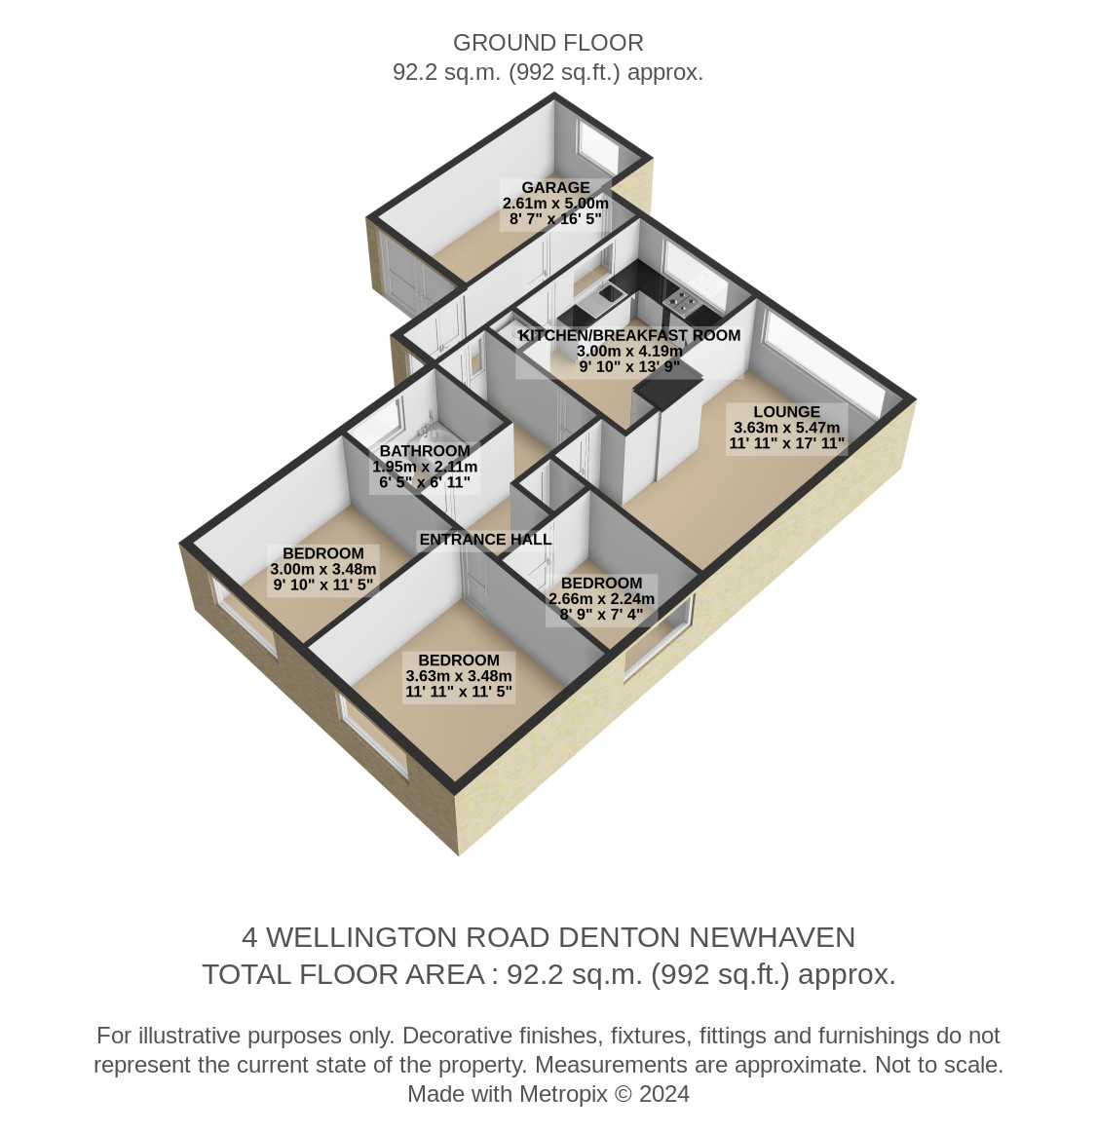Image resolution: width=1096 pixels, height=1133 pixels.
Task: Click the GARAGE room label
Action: point(555,187)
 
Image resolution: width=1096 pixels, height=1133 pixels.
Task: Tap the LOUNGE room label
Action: point(786,412)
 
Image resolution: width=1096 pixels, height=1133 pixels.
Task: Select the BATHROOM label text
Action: point(425,451)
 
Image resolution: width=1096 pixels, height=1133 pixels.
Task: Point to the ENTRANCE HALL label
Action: point(485,539)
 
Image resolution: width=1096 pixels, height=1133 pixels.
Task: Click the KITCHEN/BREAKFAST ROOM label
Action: point(629,335)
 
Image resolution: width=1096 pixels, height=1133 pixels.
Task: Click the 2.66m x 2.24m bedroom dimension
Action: point(602,599)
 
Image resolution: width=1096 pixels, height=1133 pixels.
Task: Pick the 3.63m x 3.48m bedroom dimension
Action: point(459,676)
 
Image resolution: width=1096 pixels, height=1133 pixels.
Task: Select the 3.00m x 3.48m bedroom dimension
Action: point(322,569)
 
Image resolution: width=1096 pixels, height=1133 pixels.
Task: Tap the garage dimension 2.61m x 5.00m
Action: point(555,203)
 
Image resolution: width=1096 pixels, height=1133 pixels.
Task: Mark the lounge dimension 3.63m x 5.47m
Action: point(787,428)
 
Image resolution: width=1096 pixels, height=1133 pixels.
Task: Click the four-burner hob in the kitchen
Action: point(681,300)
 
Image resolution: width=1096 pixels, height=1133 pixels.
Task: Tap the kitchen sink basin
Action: point(611,293)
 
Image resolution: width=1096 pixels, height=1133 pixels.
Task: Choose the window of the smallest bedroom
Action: point(659,636)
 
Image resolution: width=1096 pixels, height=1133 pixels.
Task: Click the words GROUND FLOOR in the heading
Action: point(548,44)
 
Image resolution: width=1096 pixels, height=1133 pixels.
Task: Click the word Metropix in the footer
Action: point(563,1094)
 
